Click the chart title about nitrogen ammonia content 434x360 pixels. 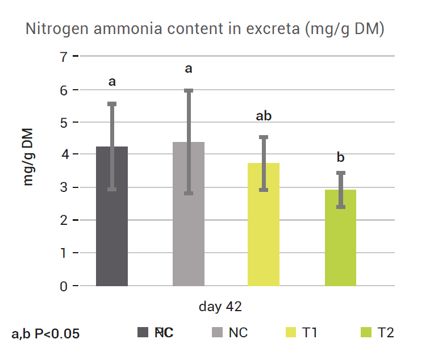205,30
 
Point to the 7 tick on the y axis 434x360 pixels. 63,57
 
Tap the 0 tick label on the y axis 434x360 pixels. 63,286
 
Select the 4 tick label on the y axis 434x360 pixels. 63,154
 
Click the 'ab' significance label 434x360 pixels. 264,116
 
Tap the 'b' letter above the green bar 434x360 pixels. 341,157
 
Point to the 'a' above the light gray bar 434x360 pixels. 189,69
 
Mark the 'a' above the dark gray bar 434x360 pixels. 112,82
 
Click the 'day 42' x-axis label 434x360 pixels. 220,307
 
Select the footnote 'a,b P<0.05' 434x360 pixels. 45,334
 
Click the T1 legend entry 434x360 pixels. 302,333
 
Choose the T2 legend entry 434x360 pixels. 378,333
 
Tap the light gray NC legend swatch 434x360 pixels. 217,333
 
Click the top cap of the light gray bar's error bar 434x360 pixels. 189,90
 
